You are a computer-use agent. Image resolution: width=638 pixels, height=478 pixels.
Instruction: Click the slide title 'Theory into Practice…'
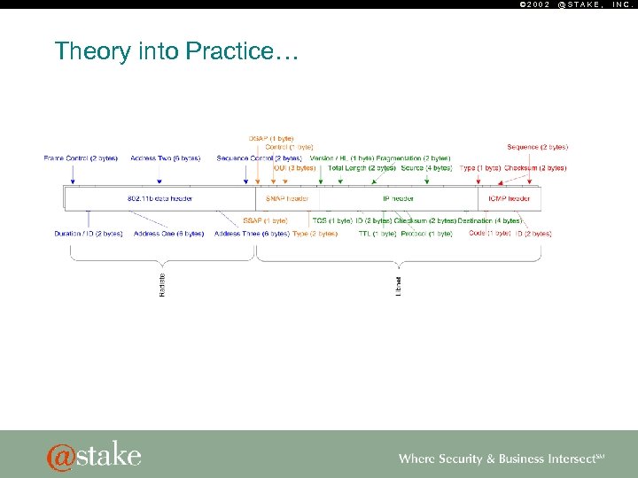177,51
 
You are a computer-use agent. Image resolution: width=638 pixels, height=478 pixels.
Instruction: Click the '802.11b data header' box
159,198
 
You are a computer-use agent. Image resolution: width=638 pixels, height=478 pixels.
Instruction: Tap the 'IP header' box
398,198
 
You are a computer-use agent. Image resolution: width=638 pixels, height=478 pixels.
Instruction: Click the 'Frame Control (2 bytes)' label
81,158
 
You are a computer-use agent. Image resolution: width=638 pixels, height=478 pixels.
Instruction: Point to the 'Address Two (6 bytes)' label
166,158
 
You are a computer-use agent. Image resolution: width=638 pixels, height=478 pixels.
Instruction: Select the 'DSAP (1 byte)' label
271,138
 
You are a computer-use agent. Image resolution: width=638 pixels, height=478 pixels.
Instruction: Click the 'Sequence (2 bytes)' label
537,147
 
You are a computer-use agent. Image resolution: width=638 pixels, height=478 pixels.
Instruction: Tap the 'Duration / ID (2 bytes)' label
89,234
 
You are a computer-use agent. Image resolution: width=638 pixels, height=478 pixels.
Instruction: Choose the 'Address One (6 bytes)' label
167,234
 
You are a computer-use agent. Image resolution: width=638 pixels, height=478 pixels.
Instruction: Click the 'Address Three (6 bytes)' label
252,234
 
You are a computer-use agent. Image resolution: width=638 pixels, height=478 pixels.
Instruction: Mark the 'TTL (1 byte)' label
377,234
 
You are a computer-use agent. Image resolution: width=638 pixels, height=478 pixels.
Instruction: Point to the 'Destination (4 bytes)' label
490,220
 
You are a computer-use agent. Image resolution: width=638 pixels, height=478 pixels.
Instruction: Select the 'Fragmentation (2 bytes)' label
414,158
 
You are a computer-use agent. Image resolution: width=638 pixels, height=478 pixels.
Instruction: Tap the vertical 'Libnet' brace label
398,284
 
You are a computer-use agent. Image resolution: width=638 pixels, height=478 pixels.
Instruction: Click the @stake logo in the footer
94,456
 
